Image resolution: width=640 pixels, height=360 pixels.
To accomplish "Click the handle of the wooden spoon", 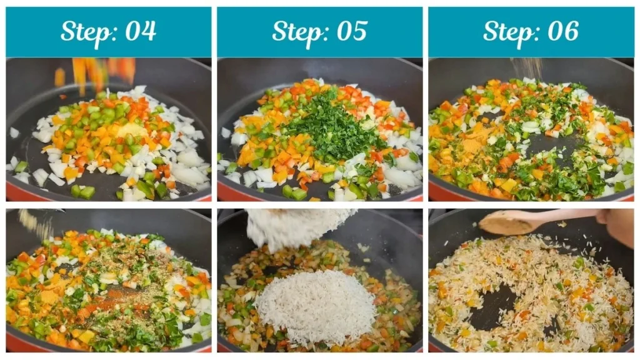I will [x=562, y=216].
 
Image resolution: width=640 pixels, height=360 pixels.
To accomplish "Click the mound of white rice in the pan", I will [x=316, y=306].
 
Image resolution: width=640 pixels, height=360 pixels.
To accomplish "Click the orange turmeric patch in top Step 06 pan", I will [x=472, y=146].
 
